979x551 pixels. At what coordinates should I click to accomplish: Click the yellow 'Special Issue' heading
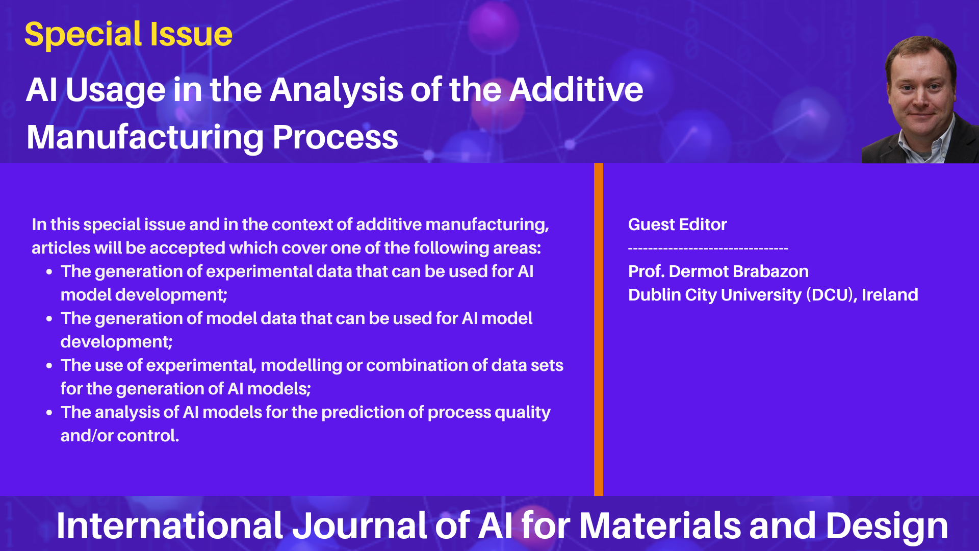[128, 35]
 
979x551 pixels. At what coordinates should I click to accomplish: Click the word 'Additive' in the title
[576, 90]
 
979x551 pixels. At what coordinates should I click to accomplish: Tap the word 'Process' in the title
[335, 138]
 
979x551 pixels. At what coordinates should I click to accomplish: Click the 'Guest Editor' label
[677, 224]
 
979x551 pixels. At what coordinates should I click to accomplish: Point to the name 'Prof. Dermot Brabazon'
[718, 271]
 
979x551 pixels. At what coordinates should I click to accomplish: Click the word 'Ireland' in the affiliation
[890, 295]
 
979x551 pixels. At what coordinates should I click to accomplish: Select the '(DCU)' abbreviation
[832, 295]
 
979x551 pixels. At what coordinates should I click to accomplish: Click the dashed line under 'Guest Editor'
[708, 249]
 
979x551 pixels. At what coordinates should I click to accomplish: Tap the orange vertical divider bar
[599, 330]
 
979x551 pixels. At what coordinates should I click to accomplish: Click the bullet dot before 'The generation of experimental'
[49, 272]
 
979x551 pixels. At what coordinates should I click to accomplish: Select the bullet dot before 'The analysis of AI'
[49, 413]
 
